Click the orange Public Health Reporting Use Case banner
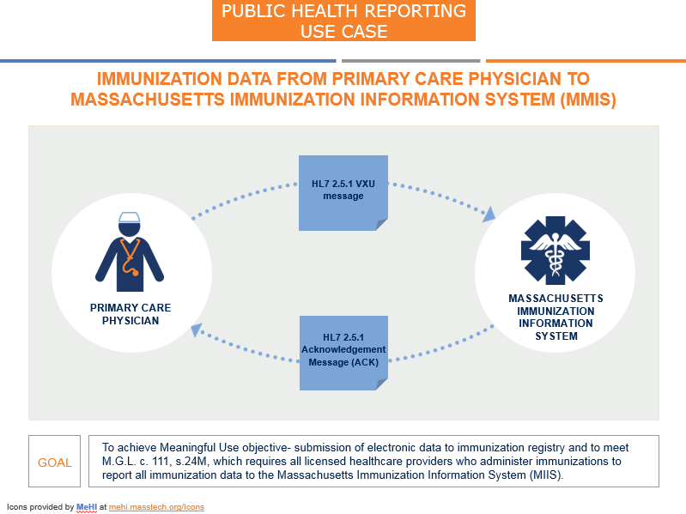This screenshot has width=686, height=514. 343,21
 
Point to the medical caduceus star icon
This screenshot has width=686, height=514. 555,250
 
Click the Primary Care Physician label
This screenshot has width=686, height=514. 131,314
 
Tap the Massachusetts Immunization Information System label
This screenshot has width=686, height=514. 555,317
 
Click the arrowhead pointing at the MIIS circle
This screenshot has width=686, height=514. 489,214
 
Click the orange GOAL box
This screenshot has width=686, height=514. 55,463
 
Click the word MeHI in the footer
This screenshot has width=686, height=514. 88,507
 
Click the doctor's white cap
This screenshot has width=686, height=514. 130,218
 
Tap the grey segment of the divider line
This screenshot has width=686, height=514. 410,61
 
